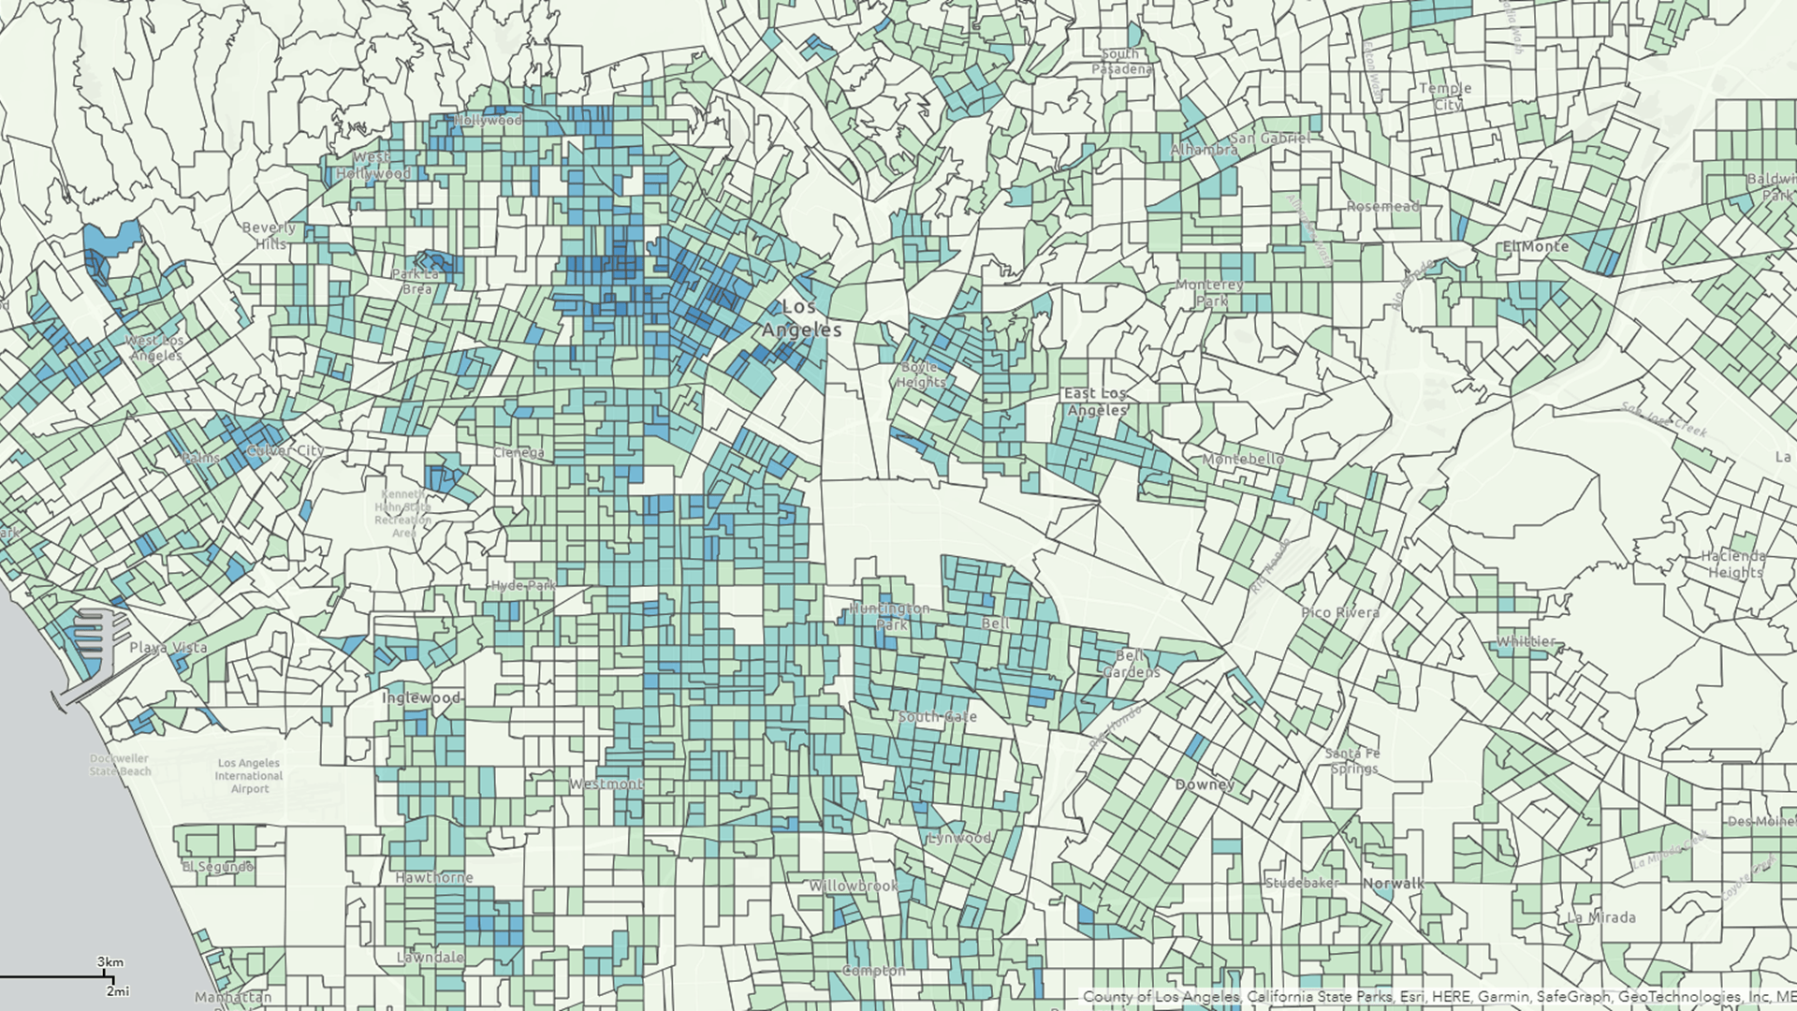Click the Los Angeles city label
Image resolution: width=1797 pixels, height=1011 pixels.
coord(800,318)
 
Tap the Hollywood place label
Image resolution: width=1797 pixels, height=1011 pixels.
coord(488,121)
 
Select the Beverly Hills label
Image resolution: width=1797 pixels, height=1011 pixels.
coord(269,235)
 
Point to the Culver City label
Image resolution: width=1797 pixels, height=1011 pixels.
coord(285,451)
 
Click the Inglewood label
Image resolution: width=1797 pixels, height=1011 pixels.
coord(421,697)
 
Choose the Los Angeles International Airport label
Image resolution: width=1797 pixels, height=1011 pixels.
coord(248,776)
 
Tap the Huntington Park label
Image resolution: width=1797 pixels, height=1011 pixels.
coord(890,616)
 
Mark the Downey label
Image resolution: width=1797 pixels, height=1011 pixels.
coord(1205,784)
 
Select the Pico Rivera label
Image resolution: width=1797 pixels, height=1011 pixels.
coord(1340,613)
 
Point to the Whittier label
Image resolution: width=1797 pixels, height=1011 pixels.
coord(1527,642)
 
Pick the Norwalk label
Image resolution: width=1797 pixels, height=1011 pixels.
coord(1393,884)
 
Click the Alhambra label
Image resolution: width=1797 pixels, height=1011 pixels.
coord(1204,150)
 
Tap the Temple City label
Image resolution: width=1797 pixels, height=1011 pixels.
coord(1446,96)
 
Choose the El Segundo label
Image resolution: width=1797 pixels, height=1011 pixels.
coord(217,867)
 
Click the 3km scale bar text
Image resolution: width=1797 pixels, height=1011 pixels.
coord(110,962)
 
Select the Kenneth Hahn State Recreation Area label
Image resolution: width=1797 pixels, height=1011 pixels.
coord(403,514)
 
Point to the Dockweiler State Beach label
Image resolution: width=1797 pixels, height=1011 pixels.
coord(120,765)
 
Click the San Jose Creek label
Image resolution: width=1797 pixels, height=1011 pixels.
coord(1665,419)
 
